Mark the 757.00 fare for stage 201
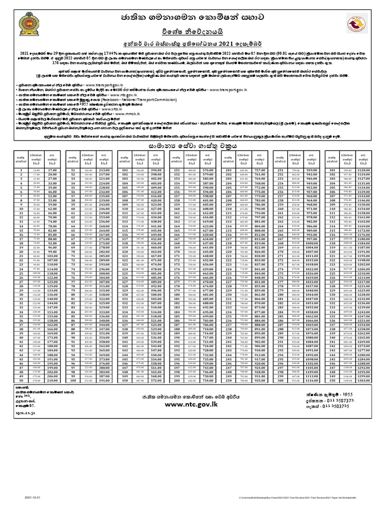point(260,170)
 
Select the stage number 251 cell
point(281,170)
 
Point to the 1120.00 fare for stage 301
point(364,170)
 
